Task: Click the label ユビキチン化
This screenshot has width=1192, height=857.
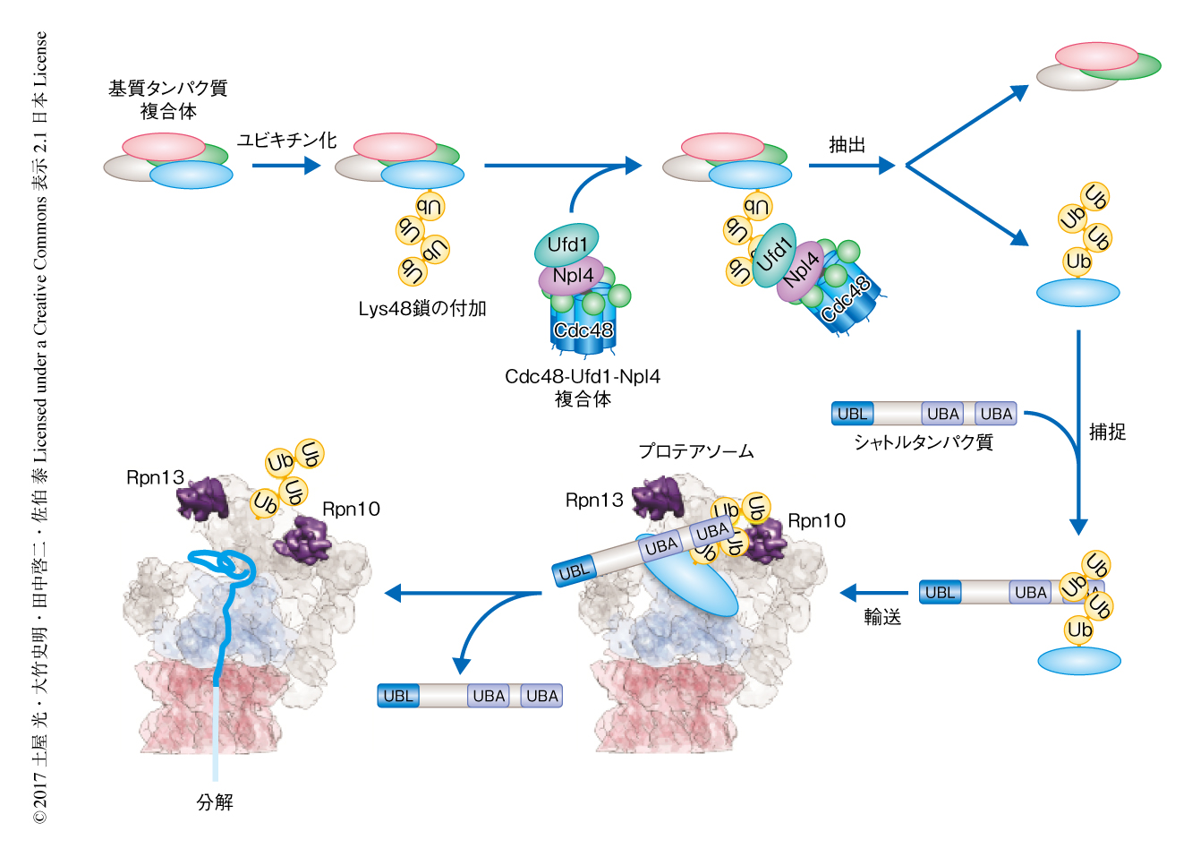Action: tap(286, 140)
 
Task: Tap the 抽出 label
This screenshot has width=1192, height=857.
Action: tap(847, 144)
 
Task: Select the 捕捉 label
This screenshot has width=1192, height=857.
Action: tap(1107, 432)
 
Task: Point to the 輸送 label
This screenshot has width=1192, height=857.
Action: tap(882, 617)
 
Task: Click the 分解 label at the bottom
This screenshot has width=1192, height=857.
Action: tap(215, 801)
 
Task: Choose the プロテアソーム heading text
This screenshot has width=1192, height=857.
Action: tap(695, 451)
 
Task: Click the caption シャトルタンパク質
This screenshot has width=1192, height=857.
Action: tap(923, 442)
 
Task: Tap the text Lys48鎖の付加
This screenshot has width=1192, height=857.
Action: tap(421, 309)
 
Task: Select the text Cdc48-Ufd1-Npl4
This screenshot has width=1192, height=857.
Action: tap(582, 377)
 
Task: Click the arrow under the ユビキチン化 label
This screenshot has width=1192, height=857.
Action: tap(285, 166)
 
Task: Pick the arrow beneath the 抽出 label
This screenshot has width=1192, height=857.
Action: tap(850, 166)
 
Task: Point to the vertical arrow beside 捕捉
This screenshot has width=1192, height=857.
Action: tap(1078, 430)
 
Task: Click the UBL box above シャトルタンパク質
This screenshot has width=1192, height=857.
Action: tap(852, 414)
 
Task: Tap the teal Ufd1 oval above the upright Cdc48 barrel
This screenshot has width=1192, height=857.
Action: tap(566, 244)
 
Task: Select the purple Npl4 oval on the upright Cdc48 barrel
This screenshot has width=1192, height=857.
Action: tap(572, 277)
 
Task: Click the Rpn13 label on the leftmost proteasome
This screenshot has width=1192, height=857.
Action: tap(155, 477)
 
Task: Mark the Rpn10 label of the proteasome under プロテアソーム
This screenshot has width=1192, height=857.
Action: tap(816, 521)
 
